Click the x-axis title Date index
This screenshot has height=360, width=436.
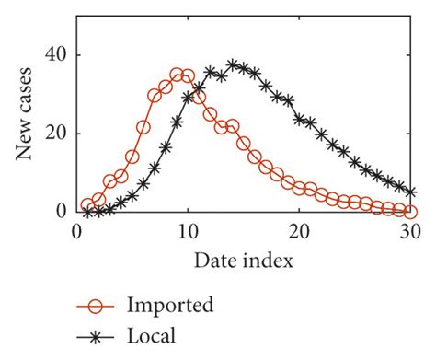pos(244,261)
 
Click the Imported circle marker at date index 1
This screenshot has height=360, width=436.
pos(87,205)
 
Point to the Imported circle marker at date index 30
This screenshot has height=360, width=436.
pos(410,211)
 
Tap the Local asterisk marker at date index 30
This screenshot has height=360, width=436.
pos(410,192)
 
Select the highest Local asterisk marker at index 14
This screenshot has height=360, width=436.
pos(233,65)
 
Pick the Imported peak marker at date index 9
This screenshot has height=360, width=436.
pos(177,74)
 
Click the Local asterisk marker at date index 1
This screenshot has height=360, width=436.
pos(87,211)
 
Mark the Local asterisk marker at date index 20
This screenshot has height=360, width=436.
pos(299,119)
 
